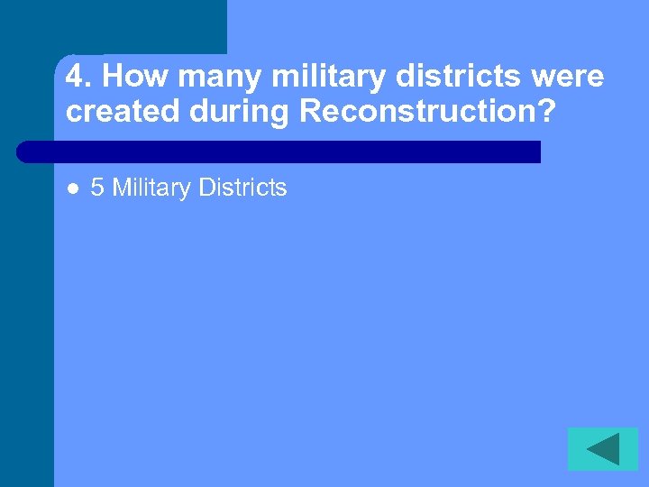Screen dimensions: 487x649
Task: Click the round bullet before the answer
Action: point(72,188)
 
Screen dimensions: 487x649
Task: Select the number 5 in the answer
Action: point(97,188)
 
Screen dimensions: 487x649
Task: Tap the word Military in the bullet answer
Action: point(151,188)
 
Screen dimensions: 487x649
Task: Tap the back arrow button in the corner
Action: point(603,448)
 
